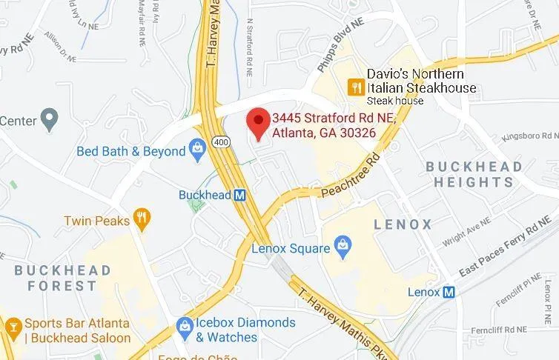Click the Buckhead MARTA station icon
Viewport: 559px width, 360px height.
click(x=239, y=196)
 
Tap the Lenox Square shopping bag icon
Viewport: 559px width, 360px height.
click(x=343, y=247)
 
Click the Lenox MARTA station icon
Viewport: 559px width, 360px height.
click(x=449, y=292)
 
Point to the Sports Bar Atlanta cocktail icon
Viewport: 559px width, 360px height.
click(x=13, y=326)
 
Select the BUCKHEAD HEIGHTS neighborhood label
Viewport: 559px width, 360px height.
click(x=474, y=174)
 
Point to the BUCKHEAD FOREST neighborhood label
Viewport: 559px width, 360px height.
click(x=62, y=277)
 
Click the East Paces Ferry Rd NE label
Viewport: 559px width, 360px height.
click(x=500, y=253)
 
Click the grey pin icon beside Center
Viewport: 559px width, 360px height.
click(x=50, y=117)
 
